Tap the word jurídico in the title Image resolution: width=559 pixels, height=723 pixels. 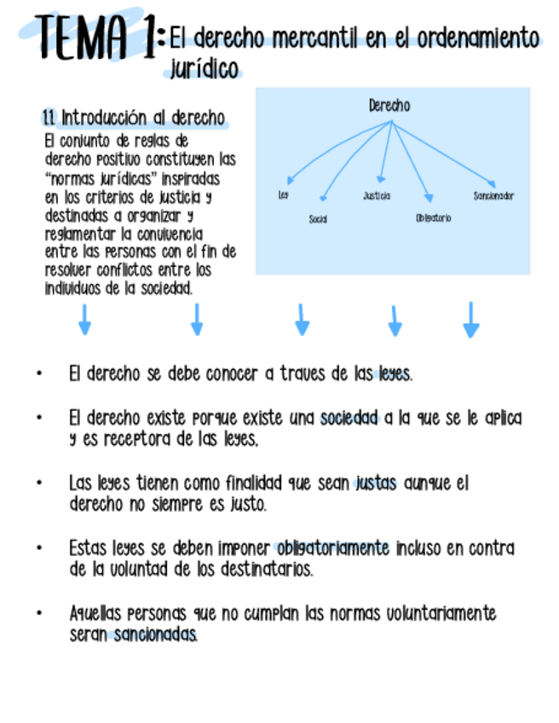tap(205, 69)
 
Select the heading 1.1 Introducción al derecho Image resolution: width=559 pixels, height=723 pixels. tap(135, 118)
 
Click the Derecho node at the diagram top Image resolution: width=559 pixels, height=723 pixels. tap(389, 106)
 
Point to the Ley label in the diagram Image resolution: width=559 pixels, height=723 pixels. tap(283, 195)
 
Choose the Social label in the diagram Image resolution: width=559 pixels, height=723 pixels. tap(318, 219)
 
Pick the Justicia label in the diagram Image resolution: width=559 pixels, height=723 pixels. tap(377, 196)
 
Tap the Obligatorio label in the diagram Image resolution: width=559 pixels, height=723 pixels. tap(434, 218)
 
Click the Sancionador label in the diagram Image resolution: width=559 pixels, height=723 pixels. tap(493, 196)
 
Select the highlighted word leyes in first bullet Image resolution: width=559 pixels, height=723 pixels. tap(395, 373)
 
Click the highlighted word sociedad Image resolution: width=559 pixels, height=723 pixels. tap(349, 419)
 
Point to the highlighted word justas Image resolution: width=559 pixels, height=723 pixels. tap(375, 483)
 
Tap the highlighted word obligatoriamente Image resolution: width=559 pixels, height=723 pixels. tap(332, 548)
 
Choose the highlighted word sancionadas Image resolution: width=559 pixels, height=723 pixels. tap(155, 635)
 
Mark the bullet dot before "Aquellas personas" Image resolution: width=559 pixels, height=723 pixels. tap(38, 614)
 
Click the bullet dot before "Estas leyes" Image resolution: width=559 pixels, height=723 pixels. tap(38, 548)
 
